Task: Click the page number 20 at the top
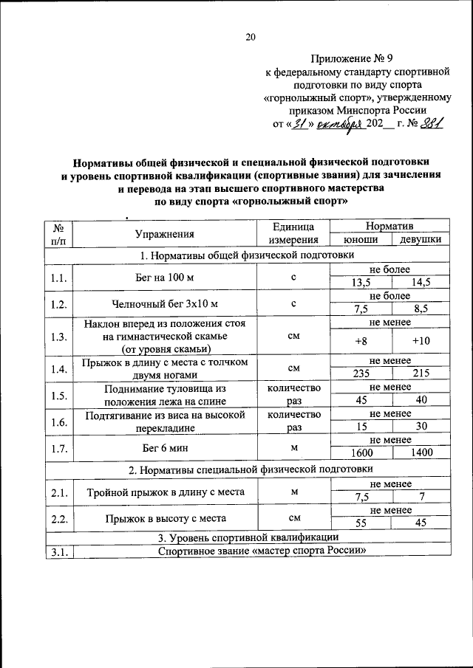tap(250, 37)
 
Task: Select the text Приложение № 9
tap(357, 58)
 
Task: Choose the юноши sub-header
tap(361, 240)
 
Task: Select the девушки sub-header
tap(421, 240)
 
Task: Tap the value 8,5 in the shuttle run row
tap(421, 310)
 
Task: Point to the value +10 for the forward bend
tap(421, 341)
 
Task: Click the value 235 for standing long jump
tap(361, 373)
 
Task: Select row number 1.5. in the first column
tap(59, 395)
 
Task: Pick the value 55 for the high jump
tap(361, 523)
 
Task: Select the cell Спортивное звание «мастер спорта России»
tap(262, 551)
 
